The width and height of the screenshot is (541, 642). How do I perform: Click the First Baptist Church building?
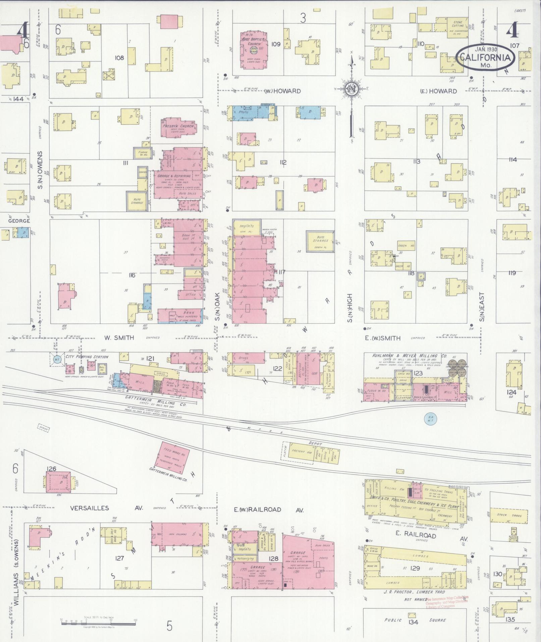pos(254,50)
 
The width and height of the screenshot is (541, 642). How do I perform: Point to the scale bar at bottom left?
pos(98,624)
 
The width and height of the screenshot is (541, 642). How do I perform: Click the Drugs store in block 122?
pos(244,358)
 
